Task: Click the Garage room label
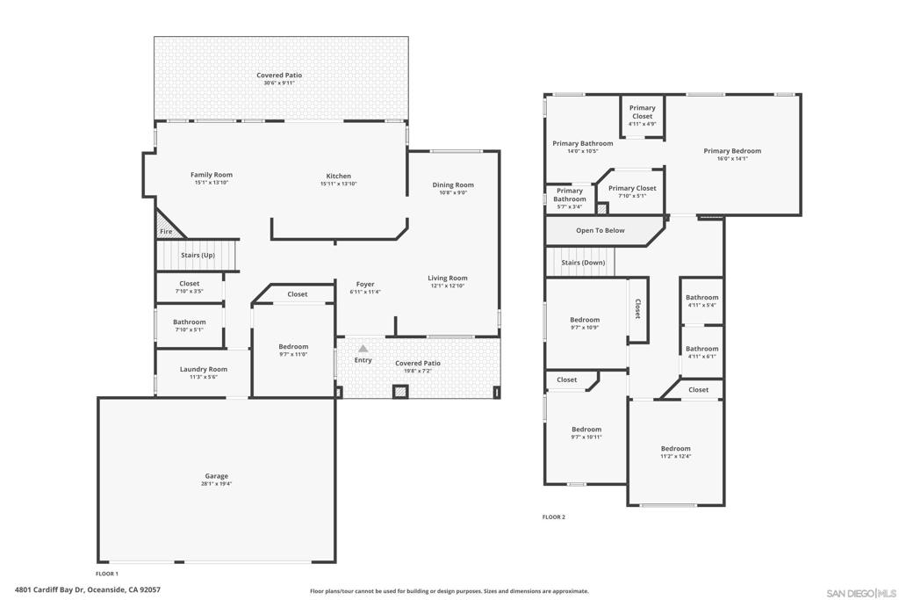click(x=218, y=476)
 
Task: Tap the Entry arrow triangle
click(x=363, y=349)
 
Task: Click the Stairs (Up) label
click(x=198, y=255)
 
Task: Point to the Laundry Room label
click(x=204, y=369)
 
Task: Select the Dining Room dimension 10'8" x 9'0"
click(x=453, y=192)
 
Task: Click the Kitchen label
click(x=338, y=176)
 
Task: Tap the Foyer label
click(x=365, y=284)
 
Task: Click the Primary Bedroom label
click(x=732, y=150)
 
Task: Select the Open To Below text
click(x=601, y=230)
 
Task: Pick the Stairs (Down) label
click(x=583, y=262)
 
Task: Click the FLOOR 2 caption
click(x=554, y=517)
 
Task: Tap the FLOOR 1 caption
click(x=107, y=573)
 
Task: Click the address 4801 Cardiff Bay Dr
click(x=88, y=590)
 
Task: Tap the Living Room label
click(x=448, y=278)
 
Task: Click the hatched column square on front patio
click(x=400, y=392)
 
